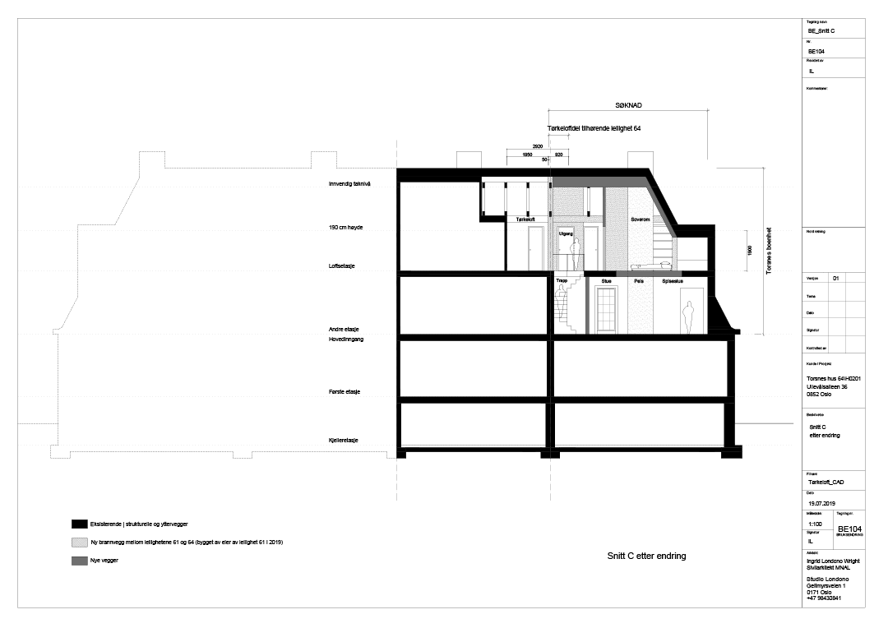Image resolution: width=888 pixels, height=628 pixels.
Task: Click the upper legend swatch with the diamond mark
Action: click(80, 543)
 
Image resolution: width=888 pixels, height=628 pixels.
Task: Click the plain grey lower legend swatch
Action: click(80, 561)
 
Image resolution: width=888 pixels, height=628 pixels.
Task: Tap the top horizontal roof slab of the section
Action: click(596, 182)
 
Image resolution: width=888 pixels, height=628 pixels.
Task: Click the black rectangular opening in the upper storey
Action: click(593, 201)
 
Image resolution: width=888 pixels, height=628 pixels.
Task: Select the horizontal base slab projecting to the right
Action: click(650, 274)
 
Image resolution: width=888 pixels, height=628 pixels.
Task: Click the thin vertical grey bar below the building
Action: click(587, 305)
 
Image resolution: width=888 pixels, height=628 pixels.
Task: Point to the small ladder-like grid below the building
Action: click(606, 309)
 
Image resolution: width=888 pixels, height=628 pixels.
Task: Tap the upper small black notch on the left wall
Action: click(550, 185)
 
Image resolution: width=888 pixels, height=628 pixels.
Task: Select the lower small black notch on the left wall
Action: click(550, 214)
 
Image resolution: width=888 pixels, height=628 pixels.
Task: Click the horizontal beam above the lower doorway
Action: click(576, 219)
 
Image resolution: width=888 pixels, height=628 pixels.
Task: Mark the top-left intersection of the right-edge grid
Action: click(828, 283)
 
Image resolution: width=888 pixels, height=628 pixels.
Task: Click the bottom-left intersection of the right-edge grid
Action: click(828, 335)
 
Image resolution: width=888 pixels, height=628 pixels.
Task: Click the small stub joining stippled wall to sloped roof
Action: click(659, 219)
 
